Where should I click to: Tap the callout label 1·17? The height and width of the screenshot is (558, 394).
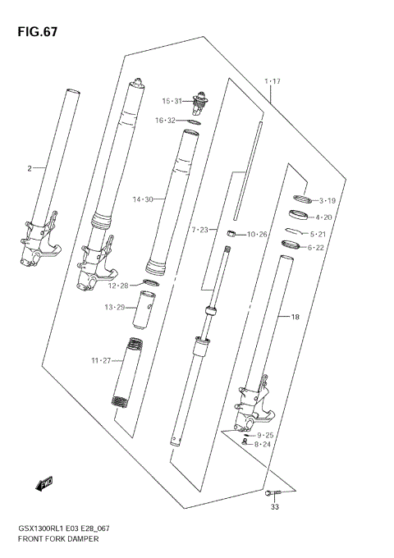point(273,81)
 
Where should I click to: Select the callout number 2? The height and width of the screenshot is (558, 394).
point(30,168)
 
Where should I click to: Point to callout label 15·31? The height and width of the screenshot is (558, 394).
point(172,101)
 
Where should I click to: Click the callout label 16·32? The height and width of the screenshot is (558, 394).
point(167,121)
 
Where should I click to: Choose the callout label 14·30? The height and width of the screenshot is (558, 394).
point(143,199)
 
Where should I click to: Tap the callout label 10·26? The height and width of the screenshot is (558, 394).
point(257,235)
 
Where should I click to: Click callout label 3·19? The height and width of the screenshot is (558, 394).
point(329,200)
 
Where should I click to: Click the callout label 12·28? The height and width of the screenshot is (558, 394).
point(118,286)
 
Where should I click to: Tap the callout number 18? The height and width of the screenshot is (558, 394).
point(284,316)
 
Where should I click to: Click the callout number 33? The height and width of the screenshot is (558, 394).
point(276,507)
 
